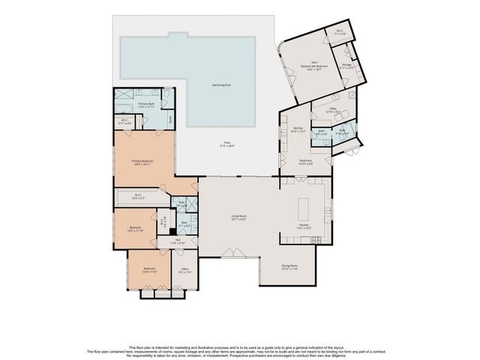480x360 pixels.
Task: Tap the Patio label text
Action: pyautogui.click(x=225, y=145)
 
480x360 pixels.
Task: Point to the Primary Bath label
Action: pyautogui.click(x=146, y=104)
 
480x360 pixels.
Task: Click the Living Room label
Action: pyautogui.click(x=238, y=217)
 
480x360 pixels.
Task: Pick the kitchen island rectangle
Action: pyautogui.click(x=304, y=206)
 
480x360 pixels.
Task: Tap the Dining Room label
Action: pyautogui.click(x=289, y=266)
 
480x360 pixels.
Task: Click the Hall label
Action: pyautogui.click(x=177, y=241)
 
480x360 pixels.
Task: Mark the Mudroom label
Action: pyautogui.click(x=305, y=160)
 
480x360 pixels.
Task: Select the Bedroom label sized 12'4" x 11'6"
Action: pyautogui.click(x=150, y=270)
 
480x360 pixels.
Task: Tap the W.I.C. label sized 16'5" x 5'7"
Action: pyautogui.click(x=139, y=197)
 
